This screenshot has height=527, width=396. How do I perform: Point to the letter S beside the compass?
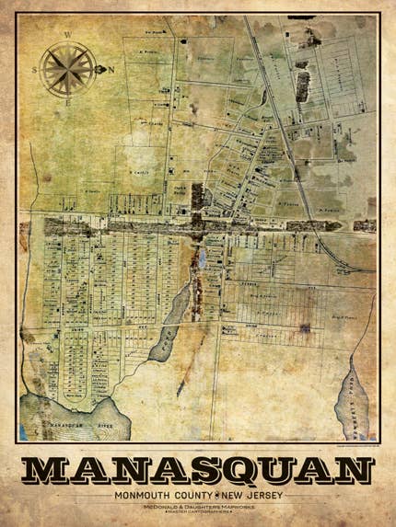tap(35, 70)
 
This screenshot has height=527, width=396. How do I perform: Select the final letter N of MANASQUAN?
tap(352, 470)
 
